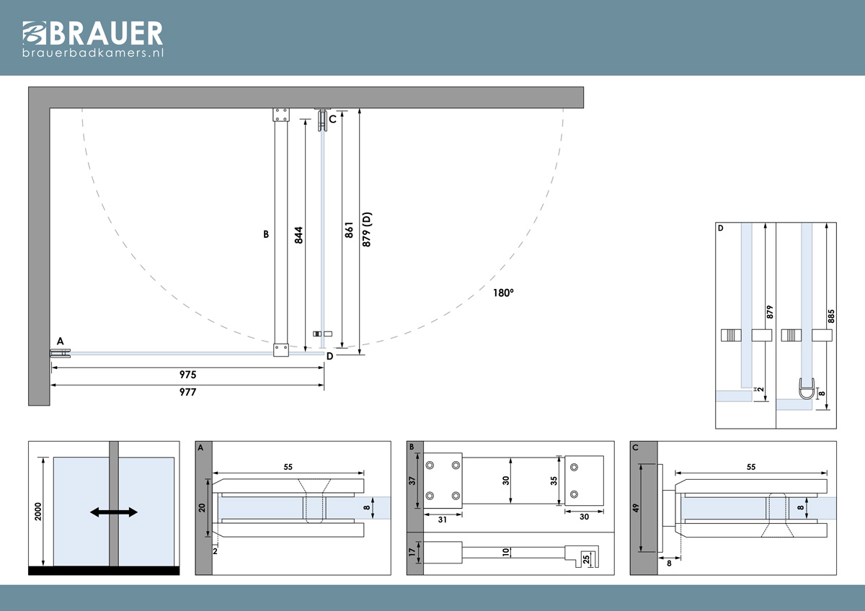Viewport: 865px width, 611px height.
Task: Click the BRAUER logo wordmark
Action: [93, 33]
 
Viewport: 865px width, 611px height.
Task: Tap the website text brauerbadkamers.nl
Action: [93, 53]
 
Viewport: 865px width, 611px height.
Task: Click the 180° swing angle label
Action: [503, 293]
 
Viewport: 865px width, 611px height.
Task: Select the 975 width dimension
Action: [187, 375]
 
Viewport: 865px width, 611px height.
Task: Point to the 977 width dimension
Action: [187, 392]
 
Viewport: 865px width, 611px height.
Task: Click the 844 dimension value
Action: [298, 235]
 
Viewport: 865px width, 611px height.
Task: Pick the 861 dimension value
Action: [349, 230]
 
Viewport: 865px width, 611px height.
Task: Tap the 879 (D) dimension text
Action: [366, 229]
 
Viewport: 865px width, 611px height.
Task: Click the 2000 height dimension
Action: [37, 512]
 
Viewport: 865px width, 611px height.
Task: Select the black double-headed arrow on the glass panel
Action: [114, 512]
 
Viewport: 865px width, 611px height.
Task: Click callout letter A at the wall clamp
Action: [61, 342]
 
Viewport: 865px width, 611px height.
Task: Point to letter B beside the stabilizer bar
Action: [266, 234]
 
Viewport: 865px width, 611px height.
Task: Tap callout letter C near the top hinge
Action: [332, 120]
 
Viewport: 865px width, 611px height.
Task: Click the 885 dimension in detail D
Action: [831, 316]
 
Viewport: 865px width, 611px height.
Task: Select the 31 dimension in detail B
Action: [443, 520]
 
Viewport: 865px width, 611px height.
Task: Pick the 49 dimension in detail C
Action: [636, 508]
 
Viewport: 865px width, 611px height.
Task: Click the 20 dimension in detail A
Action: [202, 508]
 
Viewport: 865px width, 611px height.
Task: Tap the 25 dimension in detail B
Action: [586, 559]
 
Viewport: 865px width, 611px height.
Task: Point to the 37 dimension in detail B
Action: [412, 481]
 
